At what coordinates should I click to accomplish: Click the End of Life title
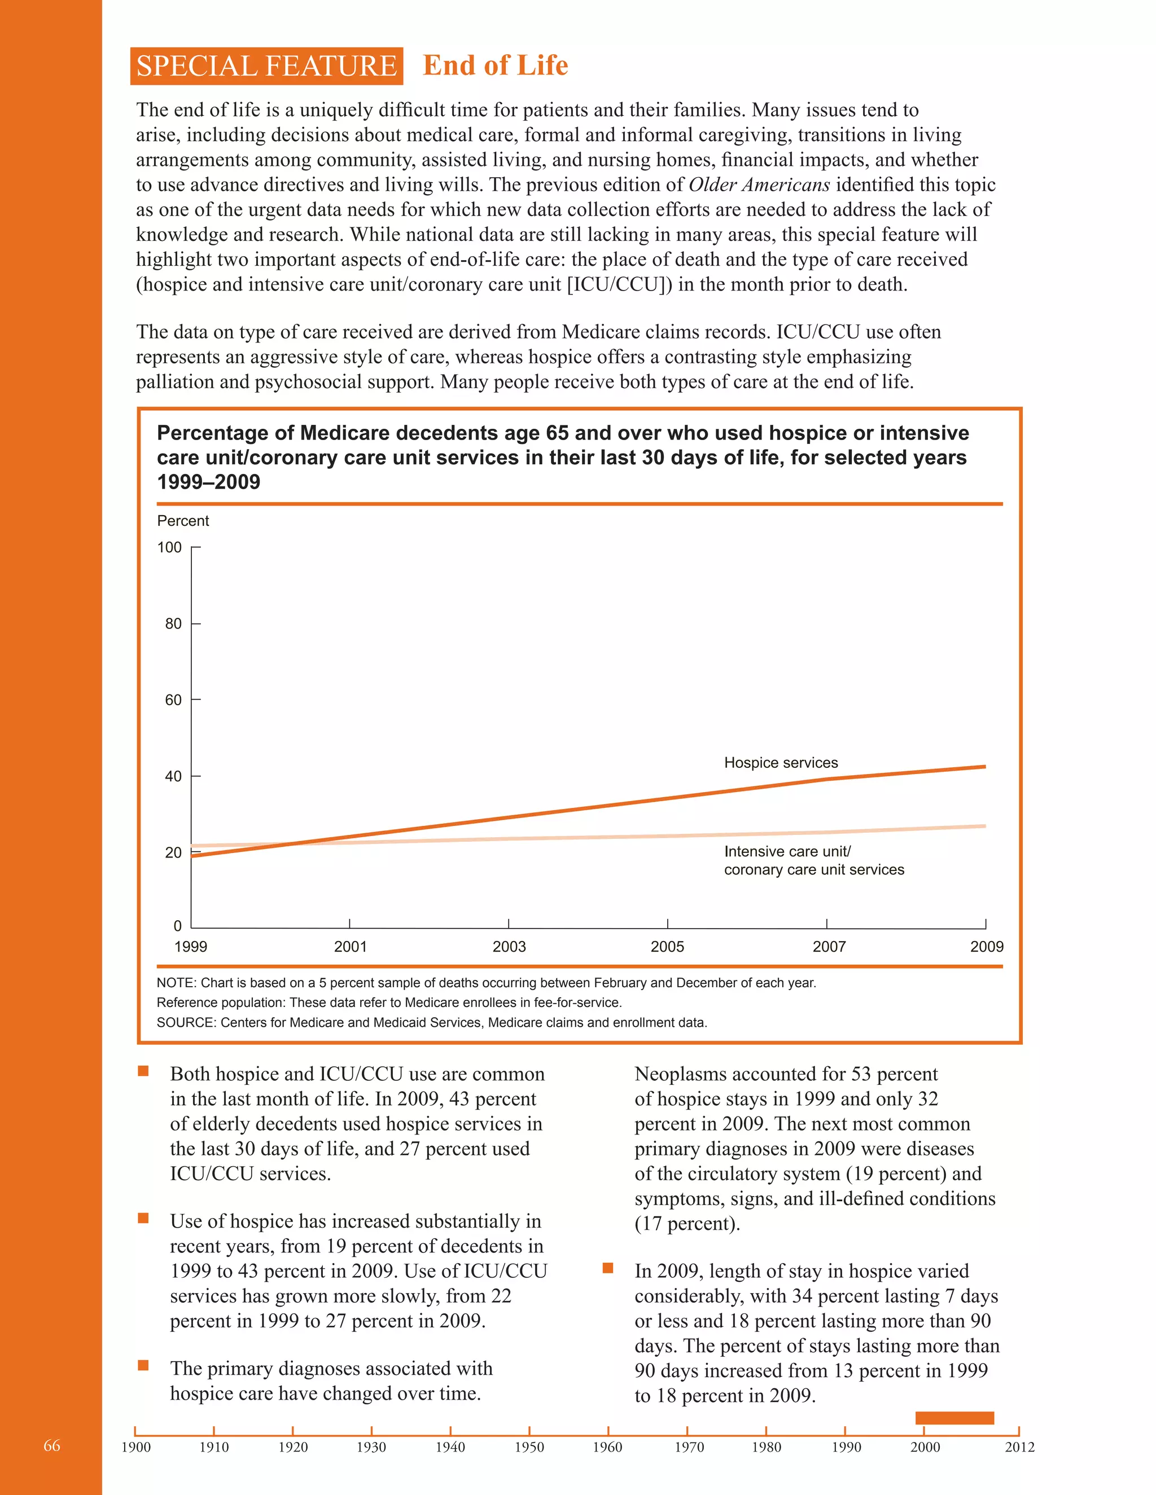tap(495, 65)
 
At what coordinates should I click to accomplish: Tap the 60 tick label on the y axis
tap(173, 700)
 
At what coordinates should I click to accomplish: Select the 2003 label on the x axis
tap(509, 947)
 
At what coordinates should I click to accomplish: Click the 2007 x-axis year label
tap(829, 947)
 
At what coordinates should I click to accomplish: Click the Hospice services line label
tap(781, 763)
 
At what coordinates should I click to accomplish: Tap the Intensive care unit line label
tap(787, 851)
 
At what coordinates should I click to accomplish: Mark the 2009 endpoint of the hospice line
tap(984, 767)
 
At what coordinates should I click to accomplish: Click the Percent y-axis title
tap(183, 521)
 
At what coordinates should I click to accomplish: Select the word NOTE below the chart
tap(176, 983)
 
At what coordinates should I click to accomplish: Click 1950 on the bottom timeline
tap(529, 1447)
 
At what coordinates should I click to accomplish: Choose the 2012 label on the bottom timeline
tap(1019, 1447)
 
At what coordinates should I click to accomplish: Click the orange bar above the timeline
tap(954, 1418)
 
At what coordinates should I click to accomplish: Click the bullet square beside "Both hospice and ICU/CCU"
tap(143, 1071)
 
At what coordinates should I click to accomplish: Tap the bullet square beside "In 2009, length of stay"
tap(607, 1268)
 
